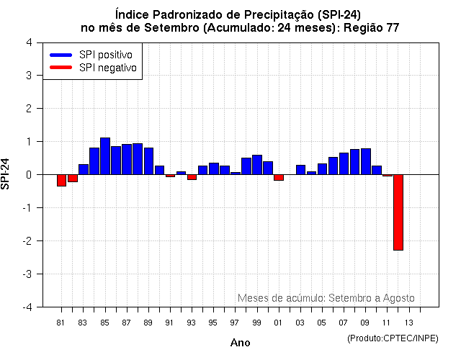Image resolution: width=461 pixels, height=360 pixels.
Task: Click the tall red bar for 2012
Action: coord(398,212)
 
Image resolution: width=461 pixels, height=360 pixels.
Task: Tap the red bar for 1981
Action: coord(61,180)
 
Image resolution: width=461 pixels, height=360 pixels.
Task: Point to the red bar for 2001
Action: coord(279,177)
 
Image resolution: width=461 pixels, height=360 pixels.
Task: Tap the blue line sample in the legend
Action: coord(61,55)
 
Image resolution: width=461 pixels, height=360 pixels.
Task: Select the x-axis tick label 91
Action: coord(169,322)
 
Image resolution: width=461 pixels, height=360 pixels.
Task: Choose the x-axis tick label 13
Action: coord(408,322)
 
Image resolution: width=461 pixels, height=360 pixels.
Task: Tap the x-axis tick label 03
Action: coord(300,322)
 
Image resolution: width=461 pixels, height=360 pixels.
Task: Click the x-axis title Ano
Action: coord(240,343)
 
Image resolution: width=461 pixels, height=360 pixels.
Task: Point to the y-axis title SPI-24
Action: coord(6,174)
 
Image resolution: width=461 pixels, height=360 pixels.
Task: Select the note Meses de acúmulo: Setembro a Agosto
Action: coord(326,297)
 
